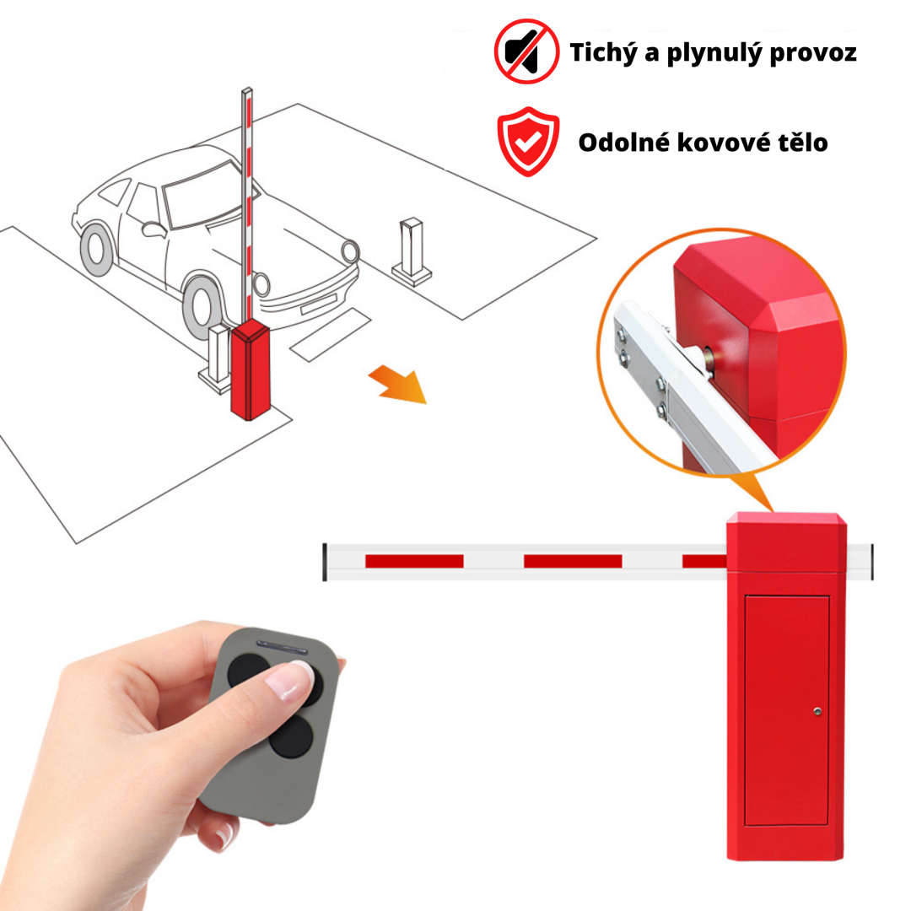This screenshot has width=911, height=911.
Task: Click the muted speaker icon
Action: click(x=526, y=51)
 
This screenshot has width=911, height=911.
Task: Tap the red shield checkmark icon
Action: click(x=528, y=141)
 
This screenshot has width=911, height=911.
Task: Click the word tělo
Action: click(x=804, y=143)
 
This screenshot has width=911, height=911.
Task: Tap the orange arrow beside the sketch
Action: click(x=398, y=384)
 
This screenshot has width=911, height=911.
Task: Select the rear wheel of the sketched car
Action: click(x=96, y=250)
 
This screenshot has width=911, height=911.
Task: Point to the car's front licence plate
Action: click(x=319, y=304)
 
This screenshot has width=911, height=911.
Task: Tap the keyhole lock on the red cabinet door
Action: click(x=817, y=712)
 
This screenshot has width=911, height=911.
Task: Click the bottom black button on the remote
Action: click(x=291, y=736)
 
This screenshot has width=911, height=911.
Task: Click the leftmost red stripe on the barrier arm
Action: click(x=414, y=561)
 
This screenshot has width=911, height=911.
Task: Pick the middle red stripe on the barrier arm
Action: click(x=573, y=561)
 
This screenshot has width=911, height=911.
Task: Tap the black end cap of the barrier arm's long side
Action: click(x=325, y=562)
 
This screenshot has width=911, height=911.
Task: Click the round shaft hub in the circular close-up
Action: click(x=708, y=355)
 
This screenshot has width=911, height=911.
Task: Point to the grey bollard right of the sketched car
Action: click(x=412, y=251)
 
